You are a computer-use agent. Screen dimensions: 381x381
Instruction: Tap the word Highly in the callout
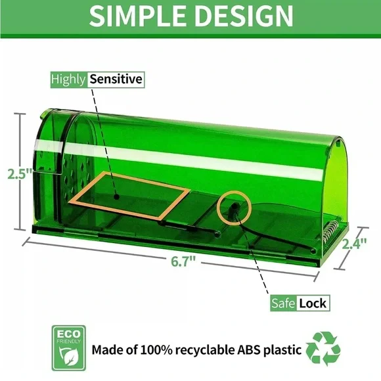point(68,79)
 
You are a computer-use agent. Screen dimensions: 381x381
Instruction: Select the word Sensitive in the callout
point(116,79)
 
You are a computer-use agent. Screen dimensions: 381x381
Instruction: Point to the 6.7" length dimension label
point(183,261)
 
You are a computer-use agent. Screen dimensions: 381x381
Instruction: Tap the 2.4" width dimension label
point(354,244)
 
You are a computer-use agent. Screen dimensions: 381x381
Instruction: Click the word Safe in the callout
point(283,303)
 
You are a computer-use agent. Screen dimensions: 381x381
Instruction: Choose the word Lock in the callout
point(313,303)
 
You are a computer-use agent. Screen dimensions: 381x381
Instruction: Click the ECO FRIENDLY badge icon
point(69,348)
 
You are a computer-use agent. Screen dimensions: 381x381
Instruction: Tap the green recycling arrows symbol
point(323,349)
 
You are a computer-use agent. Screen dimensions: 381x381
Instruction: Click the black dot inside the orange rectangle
point(117,196)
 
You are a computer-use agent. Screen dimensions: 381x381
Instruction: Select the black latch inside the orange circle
point(234,210)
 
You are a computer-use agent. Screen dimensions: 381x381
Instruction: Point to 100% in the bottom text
point(156,350)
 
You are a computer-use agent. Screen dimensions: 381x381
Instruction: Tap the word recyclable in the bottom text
point(204,350)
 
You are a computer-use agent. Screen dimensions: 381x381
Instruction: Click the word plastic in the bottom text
point(282,350)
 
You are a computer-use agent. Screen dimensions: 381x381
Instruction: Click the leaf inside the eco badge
point(69,357)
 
